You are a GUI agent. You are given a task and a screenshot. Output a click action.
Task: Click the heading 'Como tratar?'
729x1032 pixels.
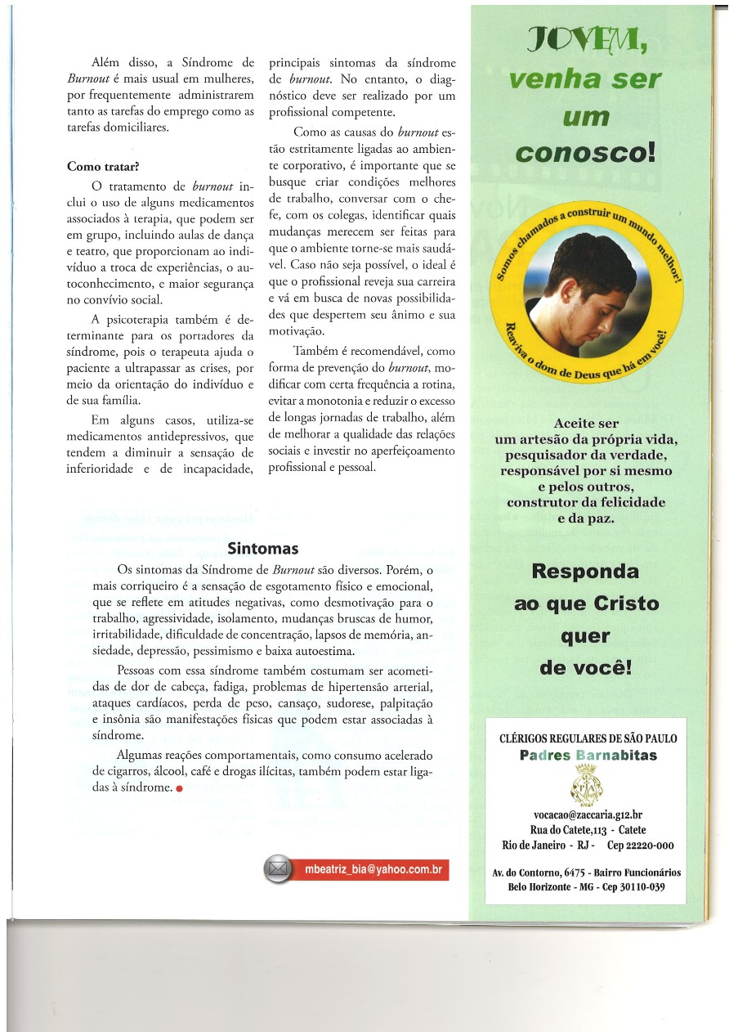[x=102, y=166]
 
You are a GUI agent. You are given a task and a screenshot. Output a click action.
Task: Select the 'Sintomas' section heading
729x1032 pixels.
[x=251, y=548]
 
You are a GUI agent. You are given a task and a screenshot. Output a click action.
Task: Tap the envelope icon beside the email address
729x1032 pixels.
[x=280, y=870]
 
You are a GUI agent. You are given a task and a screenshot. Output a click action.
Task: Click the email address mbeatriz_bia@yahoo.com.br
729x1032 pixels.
[x=373, y=870]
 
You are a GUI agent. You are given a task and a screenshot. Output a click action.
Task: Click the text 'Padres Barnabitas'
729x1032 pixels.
[x=588, y=755]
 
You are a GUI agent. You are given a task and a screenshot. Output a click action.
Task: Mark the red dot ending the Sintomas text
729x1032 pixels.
[x=178, y=789]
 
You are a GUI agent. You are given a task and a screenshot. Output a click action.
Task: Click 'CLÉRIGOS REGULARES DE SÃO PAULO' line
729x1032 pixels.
[x=588, y=738]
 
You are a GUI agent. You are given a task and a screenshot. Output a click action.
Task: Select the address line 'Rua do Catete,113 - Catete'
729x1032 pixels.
[x=587, y=830]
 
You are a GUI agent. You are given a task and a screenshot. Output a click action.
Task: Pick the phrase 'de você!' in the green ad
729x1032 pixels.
[x=586, y=667]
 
